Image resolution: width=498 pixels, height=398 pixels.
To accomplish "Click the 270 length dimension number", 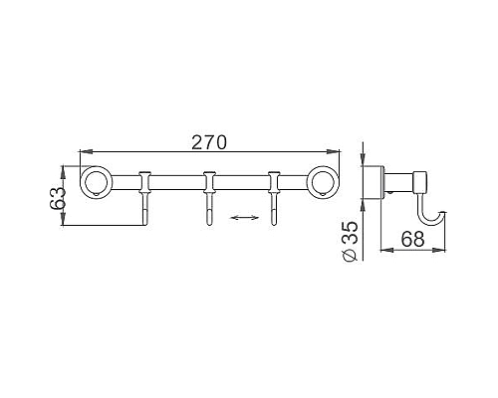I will (209, 142).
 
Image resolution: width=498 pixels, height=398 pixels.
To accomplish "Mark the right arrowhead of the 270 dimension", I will (337, 153).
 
